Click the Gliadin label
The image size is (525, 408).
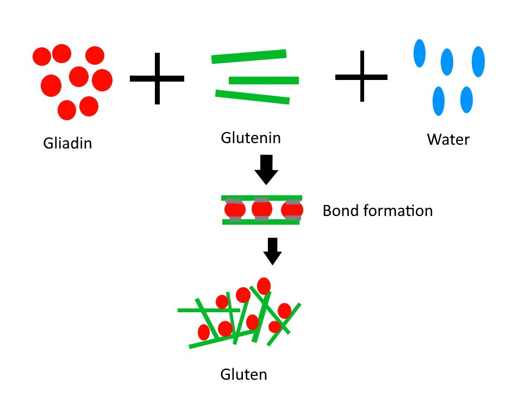pyautogui.click(x=67, y=144)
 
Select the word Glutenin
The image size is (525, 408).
pyautogui.click(x=251, y=138)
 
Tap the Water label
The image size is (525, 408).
pyautogui.click(x=448, y=139)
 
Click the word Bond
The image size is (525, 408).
pyautogui.click(x=340, y=211)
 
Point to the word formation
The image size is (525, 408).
pyautogui.click(x=397, y=211)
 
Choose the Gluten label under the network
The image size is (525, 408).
pyautogui.click(x=243, y=374)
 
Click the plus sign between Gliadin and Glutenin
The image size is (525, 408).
pyautogui.click(x=157, y=78)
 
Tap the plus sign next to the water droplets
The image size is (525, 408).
pyautogui.click(x=361, y=77)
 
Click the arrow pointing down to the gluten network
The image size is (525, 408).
pyautogui.click(x=272, y=251)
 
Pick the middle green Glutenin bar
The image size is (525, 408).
pyautogui.click(x=264, y=81)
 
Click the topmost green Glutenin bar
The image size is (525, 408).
pyautogui.click(x=249, y=56)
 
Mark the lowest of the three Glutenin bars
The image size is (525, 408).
pyautogui.click(x=252, y=97)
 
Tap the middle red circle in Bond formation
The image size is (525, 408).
pyautogui.click(x=261, y=209)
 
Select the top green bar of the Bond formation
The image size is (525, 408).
pyautogui.click(x=261, y=198)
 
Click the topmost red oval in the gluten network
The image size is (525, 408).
pyautogui.click(x=264, y=286)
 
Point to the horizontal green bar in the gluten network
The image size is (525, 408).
pyautogui.click(x=207, y=310)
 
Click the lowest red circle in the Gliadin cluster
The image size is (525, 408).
pyautogui.click(x=66, y=110)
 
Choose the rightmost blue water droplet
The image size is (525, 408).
pyautogui.click(x=478, y=61)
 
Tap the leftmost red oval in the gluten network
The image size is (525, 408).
pyautogui.click(x=204, y=332)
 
